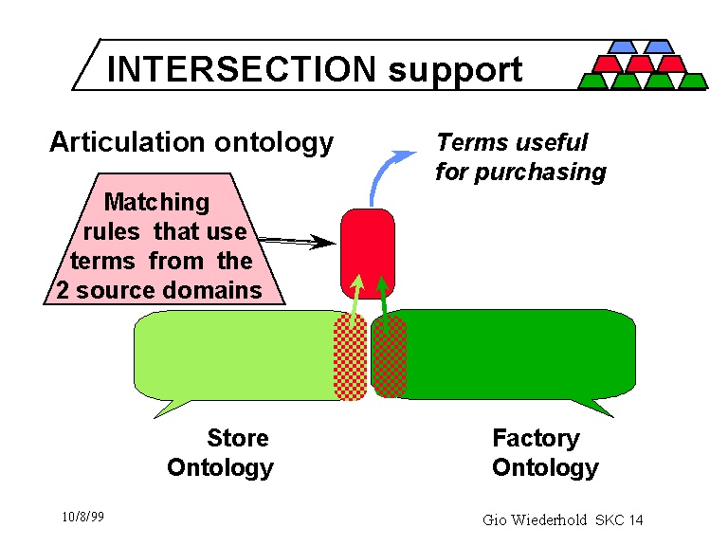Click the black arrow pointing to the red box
coord(295,241)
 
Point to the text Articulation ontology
coord(191,142)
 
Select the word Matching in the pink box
coord(156,202)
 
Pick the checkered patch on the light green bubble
coord(350,358)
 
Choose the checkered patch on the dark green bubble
coord(390,357)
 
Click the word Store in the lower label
coord(238,438)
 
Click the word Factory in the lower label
coord(536,438)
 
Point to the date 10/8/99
coord(82,517)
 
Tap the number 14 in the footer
coord(635,519)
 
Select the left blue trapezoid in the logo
coord(623,45)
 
